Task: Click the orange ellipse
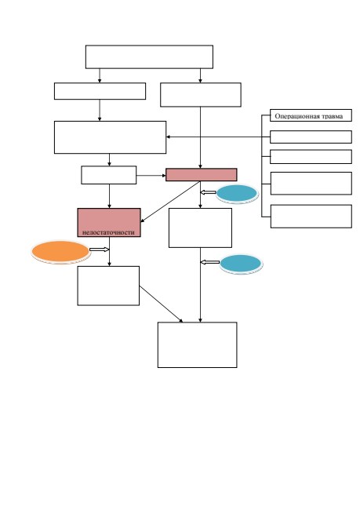coord(60,251)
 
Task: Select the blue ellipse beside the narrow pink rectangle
coord(237,194)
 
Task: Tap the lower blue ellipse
coord(241,264)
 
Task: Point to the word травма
coord(332,116)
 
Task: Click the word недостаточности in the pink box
coord(108,232)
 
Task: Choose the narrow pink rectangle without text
coord(202,175)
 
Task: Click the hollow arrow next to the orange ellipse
coord(99,250)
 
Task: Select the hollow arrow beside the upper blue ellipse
coord(208,192)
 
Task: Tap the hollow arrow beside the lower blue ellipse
coord(210,262)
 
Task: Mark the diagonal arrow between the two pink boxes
coord(170,202)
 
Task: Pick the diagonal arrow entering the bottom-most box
coord(161,304)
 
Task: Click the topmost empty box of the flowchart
coord(149,57)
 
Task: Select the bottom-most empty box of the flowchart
coord(198,344)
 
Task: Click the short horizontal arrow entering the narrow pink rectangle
coord(151,176)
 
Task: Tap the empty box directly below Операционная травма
coord(311,137)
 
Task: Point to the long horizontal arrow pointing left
coord(218,137)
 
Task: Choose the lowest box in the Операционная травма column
coord(311,217)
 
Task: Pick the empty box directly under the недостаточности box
coord(108,286)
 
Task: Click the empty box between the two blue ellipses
coord(200,228)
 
